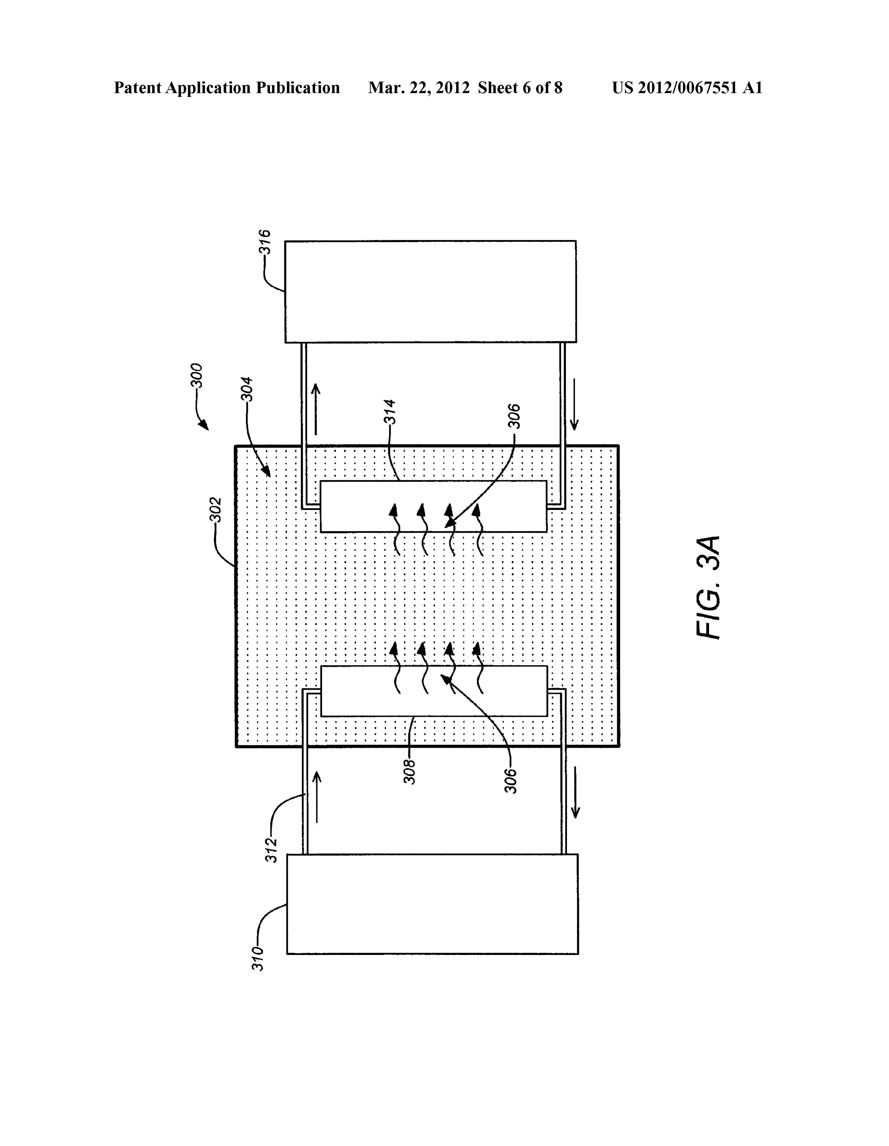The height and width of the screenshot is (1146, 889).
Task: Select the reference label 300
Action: (x=197, y=376)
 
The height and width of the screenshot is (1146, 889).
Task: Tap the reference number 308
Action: (x=410, y=772)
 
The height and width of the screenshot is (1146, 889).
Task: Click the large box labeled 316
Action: (x=430, y=292)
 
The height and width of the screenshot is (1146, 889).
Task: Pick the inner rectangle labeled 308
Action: (x=433, y=691)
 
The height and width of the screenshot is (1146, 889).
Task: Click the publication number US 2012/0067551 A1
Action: (x=687, y=88)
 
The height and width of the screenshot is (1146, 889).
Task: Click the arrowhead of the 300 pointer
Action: (x=204, y=425)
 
